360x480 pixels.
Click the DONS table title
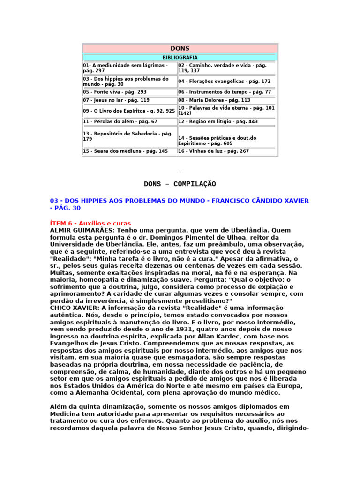(x=180, y=49)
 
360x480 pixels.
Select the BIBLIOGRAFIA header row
(x=180, y=57)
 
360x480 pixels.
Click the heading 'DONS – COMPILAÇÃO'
(x=180, y=184)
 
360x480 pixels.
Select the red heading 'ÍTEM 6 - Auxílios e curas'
(x=90, y=224)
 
